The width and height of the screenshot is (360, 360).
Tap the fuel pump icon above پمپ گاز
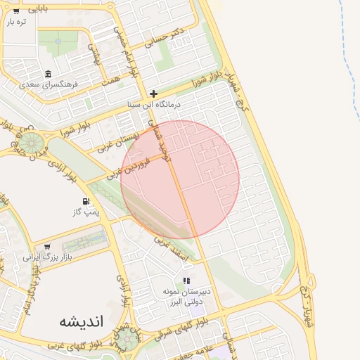86,201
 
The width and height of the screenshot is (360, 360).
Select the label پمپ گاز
84,211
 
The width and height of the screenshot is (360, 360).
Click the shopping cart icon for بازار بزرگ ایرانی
47,247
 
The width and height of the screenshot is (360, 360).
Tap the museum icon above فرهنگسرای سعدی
48,74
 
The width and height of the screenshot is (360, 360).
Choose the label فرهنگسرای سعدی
49,84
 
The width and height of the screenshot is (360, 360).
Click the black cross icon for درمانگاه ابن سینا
153,94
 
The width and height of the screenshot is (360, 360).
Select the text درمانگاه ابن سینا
153,104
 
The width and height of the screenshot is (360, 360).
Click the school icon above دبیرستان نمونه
186,281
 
